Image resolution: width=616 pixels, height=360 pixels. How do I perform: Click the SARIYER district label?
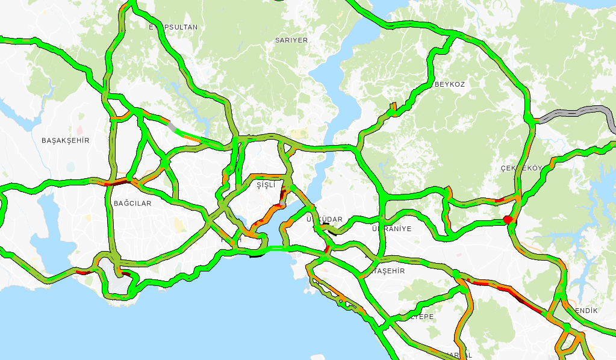click(x=291, y=40)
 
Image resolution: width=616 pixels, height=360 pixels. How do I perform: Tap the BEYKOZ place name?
click(x=450, y=85)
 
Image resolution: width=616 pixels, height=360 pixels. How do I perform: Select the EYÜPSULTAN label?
click(x=173, y=27)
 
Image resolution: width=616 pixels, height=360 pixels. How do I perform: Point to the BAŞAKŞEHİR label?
click(x=65, y=140)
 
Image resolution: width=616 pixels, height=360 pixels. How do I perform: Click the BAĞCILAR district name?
click(x=132, y=203)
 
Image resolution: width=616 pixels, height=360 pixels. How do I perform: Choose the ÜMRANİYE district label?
click(x=391, y=229)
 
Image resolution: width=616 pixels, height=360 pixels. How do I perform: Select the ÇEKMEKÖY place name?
click(x=521, y=168)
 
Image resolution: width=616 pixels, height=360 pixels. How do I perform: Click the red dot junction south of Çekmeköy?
click(x=508, y=220)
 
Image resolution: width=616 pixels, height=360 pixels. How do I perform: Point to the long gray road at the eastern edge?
click(x=578, y=113)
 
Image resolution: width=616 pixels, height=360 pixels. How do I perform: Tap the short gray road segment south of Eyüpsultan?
click(x=174, y=127)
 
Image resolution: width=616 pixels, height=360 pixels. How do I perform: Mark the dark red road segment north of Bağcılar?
click(x=119, y=181)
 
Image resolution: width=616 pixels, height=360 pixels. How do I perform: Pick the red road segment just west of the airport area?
click(x=84, y=273)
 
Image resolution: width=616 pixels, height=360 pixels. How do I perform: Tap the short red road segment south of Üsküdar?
click(x=327, y=249)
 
